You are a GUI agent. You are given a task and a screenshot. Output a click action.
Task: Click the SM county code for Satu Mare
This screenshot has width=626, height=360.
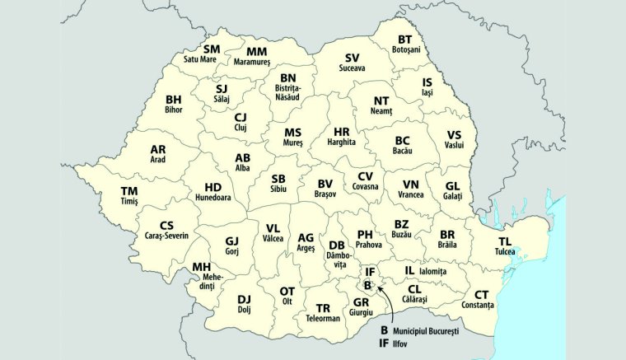(x=213, y=49)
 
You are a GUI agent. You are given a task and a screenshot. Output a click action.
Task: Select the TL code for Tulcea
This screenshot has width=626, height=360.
(x=505, y=241)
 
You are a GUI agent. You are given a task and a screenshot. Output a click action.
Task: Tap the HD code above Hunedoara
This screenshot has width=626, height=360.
(x=213, y=188)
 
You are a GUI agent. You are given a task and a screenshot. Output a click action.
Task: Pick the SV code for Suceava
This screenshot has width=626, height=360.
(x=353, y=58)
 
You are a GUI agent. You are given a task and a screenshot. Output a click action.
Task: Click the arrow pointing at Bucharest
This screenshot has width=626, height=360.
(x=385, y=294)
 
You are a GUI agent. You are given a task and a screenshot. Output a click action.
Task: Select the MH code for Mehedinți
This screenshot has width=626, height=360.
(x=202, y=267)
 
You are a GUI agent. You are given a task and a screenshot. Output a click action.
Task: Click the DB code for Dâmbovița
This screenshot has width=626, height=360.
(x=337, y=245)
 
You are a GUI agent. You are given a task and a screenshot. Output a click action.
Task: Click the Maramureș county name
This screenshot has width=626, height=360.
(x=245, y=61)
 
